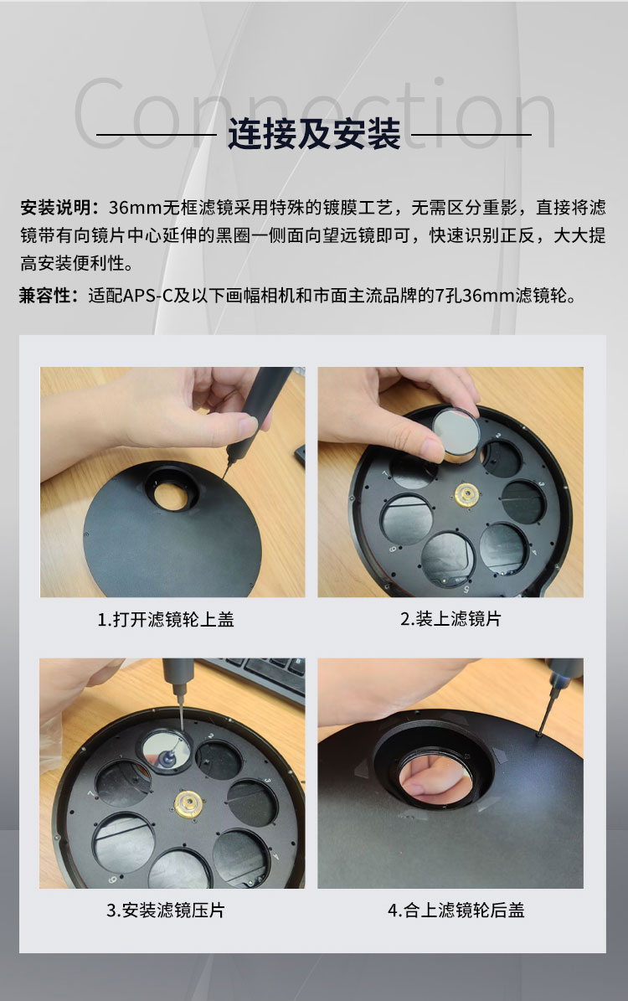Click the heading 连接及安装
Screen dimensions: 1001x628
click(x=314, y=134)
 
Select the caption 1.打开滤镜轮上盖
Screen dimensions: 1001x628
click(x=166, y=620)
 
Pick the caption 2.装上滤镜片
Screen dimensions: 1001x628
click(x=450, y=620)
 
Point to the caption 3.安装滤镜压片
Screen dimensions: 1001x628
click(x=166, y=910)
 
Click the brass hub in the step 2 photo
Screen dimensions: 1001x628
click(x=465, y=494)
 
